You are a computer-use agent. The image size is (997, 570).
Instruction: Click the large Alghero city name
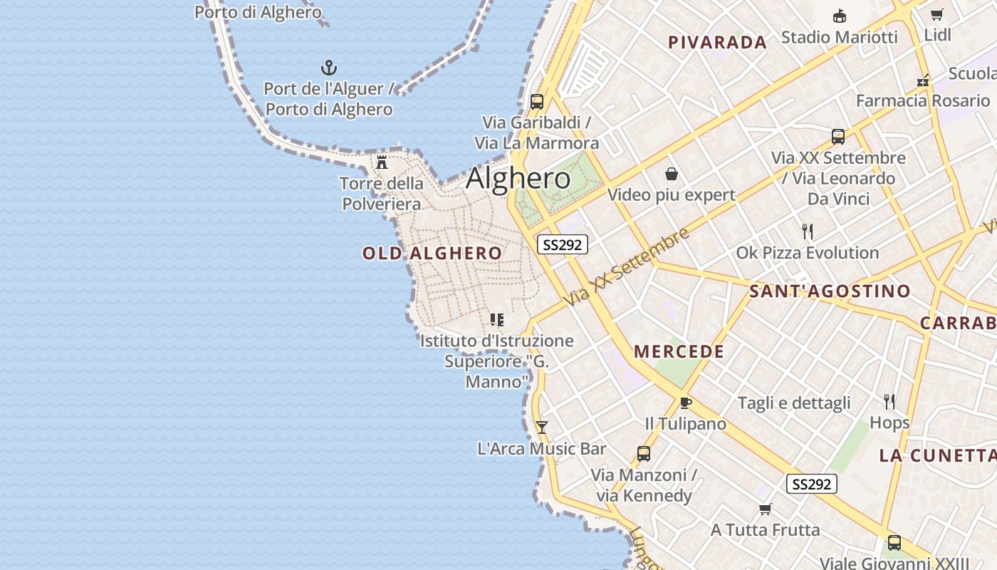pyautogui.click(x=518, y=178)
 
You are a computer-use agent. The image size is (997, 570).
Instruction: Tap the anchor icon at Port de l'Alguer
pyautogui.click(x=329, y=68)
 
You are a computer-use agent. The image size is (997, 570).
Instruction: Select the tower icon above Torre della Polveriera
pyautogui.click(x=382, y=162)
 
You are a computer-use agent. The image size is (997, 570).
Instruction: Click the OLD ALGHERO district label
pyautogui.click(x=432, y=253)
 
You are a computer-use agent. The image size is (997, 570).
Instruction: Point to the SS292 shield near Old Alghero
pyautogui.click(x=562, y=245)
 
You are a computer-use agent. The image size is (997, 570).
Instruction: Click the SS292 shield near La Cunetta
pyautogui.click(x=811, y=484)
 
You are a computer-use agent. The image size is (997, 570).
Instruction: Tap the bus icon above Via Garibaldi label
pyautogui.click(x=537, y=101)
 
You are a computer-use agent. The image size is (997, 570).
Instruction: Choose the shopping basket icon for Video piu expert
pyautogui.click(x=671, y=174)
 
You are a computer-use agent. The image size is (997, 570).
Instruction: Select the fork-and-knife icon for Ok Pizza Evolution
pyautogui.click(x=808, y=232)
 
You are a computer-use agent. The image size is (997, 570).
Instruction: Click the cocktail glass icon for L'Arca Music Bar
pyautogui.click(x=542, y=427)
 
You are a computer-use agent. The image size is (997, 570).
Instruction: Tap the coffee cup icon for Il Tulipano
pyautogui.click(x=685, y=403)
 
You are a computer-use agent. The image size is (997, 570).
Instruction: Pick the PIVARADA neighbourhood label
pyautogui.click(x=717, y=43)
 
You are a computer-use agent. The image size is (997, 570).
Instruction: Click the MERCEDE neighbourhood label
pyautogui.click(x=679, y=351)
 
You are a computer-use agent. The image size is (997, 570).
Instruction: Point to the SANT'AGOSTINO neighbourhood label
pyautogui.click(x=830, y=291)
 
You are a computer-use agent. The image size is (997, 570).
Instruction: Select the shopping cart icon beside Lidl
pyautogui.click(x=937, y=15)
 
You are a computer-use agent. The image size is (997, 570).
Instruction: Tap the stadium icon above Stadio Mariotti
pyautogui.click(x=840, y=16)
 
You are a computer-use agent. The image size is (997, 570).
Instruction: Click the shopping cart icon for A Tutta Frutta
pyautogui.click(x=766, y=509)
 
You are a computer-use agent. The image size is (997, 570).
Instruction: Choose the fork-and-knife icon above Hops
pyautogui.click(x=889, y=402)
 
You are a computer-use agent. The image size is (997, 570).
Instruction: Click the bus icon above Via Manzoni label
pyautogui.click(x=644, y=454)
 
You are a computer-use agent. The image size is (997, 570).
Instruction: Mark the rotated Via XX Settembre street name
pyautogui.click(x=627, y=268)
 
